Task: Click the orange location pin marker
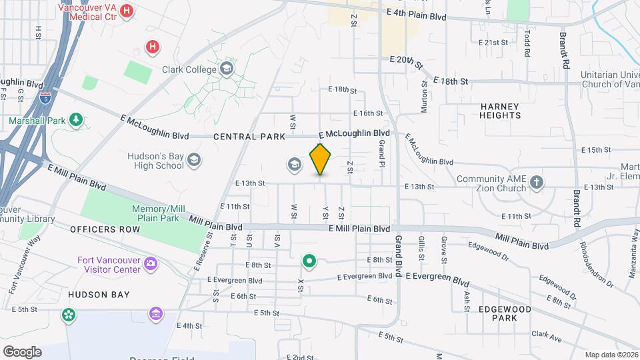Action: tap(321, 159)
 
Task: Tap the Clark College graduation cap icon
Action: tap(227, 69)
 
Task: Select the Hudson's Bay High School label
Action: tap(155, 161)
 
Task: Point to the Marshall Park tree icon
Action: tap(77, 120)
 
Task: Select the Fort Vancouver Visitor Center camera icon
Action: tap(151, 264)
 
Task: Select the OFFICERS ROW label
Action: tap(105, 229)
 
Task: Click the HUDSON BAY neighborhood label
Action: tap(98, 294)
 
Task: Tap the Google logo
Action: tap(22, 351)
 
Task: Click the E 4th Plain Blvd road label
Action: tap(416, 14)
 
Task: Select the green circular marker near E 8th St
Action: tap(309, 260)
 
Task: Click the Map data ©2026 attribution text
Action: tap(611, 355)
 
